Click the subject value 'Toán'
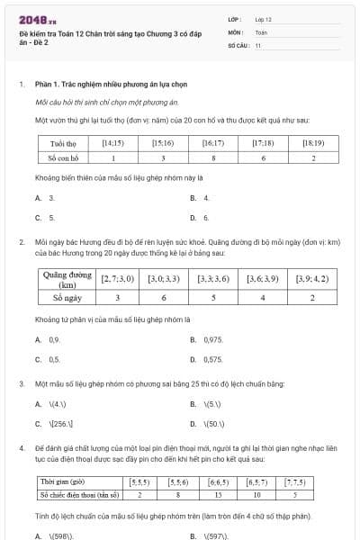click(261, 31)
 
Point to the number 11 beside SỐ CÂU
click(258, 45)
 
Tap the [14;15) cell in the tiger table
click(113, 142)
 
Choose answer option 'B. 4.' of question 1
click(200, 197)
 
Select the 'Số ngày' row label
click(61, 297)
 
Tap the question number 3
click(21, 384)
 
